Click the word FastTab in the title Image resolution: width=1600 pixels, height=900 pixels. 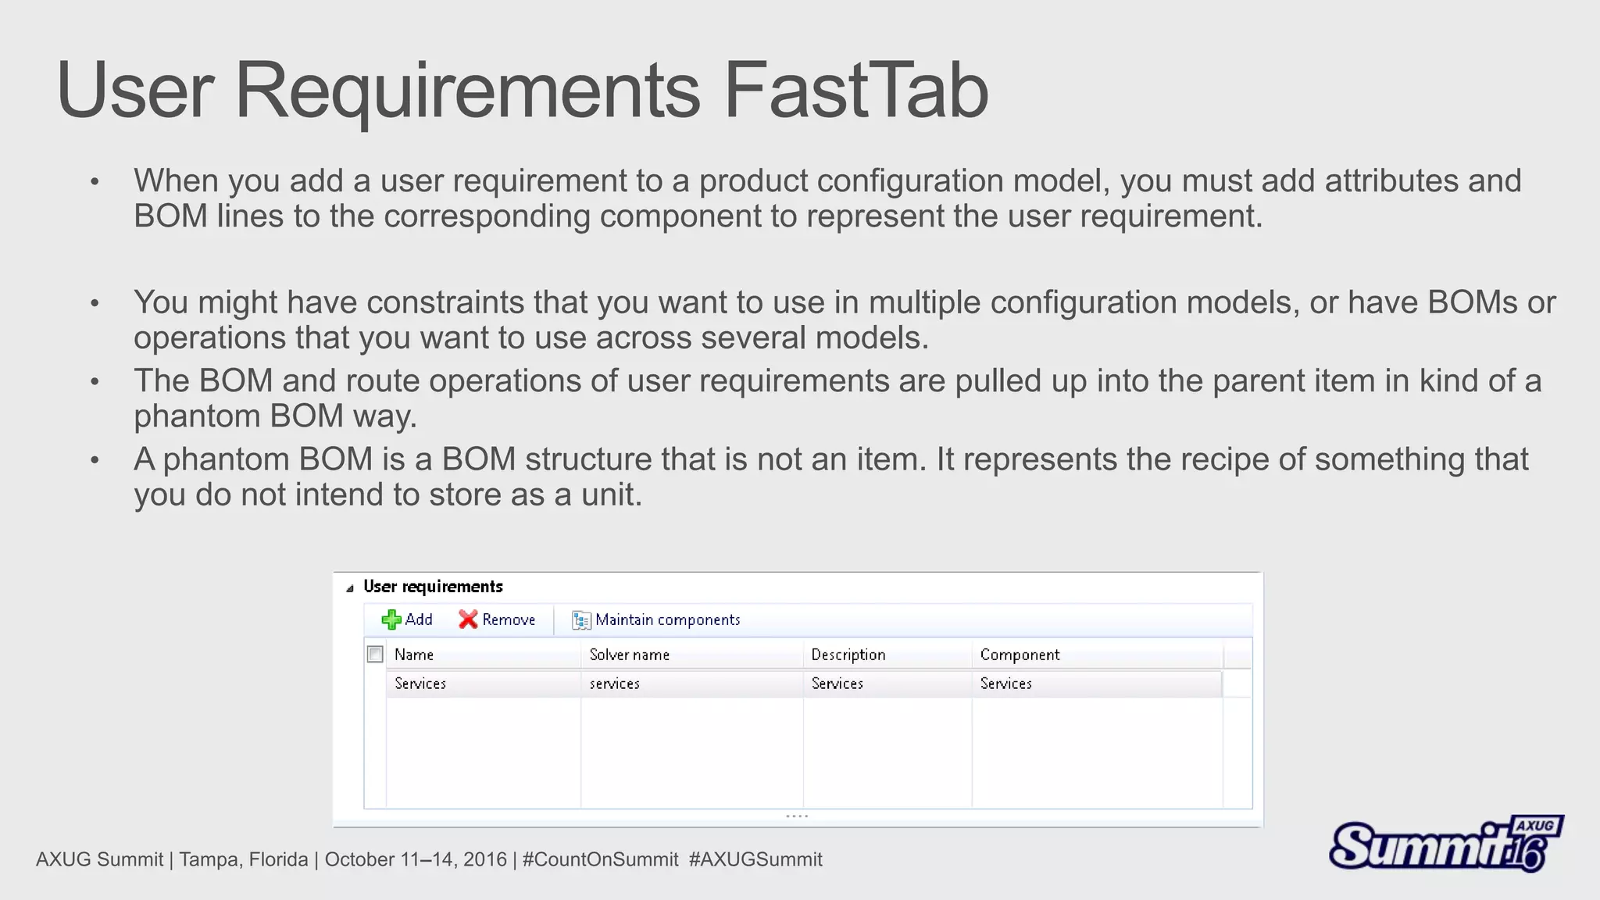(x=855, y=91)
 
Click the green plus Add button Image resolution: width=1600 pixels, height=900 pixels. (x=407, y=620)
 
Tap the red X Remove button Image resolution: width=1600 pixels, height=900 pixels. (x=497, y=620)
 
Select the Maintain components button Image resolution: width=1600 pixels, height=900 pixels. (x=656, y=620)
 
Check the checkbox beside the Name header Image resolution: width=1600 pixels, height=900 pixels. (x=375, y=654)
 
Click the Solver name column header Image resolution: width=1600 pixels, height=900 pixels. (x=629, y=655)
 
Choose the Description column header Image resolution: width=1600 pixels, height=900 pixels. (x=848, y=655)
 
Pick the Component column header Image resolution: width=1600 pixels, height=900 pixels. (x=1020, y=655)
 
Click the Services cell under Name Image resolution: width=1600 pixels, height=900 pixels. (x=420, y=684)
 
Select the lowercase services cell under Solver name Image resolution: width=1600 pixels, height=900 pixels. (x=614, y=684)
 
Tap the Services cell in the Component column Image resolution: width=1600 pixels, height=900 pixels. (x=1005, y=684)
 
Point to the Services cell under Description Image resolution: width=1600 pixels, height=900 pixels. (x=837, y=684)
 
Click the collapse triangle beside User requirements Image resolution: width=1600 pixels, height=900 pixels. (x=350, y=588)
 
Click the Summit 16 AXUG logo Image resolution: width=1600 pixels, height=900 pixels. (x=1445, y=844)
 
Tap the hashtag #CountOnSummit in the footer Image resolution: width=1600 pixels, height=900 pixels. (x=600, y=859)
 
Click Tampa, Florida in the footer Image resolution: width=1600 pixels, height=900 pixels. (x=243, y=859)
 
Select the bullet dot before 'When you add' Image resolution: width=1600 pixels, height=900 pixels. (x=95, y=182)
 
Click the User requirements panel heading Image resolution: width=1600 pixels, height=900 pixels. (x=433, y=587)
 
